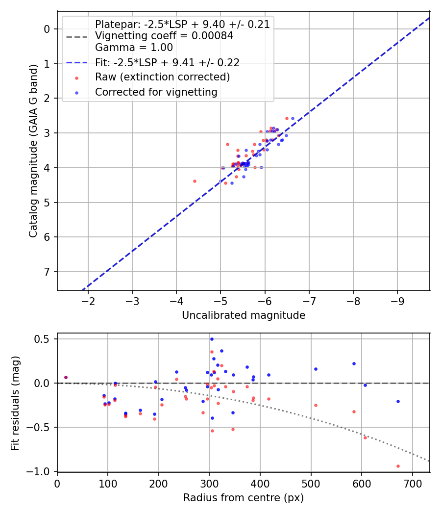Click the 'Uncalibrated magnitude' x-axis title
coord(244,315)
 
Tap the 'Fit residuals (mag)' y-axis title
coord(16,403)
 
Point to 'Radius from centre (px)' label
coord(244,498)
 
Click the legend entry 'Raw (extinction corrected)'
coord(162,77)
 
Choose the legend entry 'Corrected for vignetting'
coord(156,92)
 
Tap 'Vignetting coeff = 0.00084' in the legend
coord(164,36)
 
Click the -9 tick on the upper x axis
coord(397,300)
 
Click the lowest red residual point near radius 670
coord(398,466)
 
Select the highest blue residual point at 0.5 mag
coord(212,339)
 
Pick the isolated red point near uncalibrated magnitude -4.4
coord(195,181)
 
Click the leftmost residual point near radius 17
coord(66,377)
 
